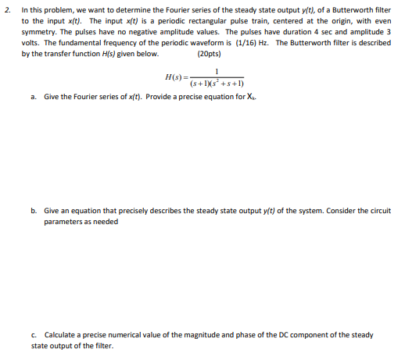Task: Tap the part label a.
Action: (34, 97)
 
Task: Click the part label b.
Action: (34, 211)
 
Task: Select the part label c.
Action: (34, 334)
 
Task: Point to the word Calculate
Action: (59, 334)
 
